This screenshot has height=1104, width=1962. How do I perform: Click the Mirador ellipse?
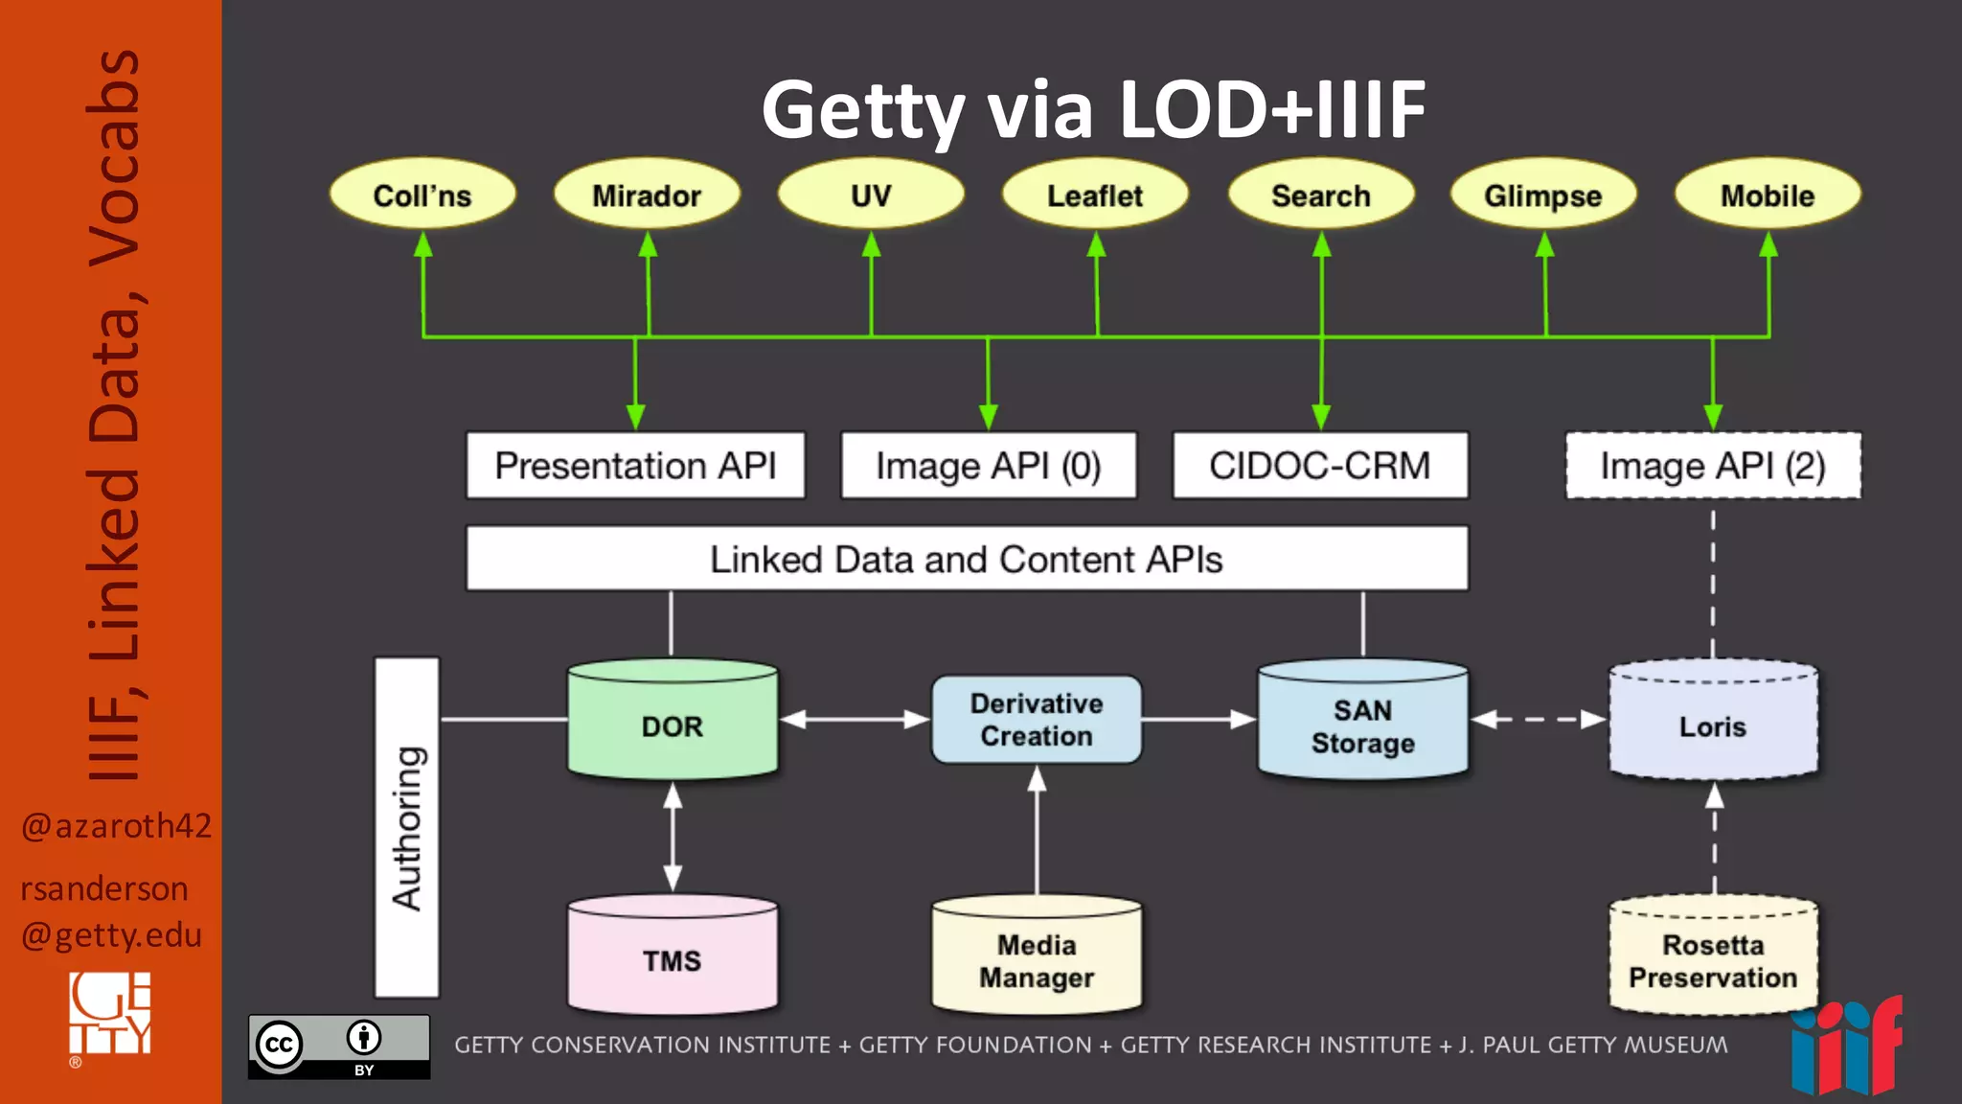[647, 195]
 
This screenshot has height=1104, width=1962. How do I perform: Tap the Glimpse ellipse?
[1542, 195]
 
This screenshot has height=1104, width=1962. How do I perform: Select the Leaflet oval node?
[1095, 195]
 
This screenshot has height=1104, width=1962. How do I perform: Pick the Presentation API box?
[635, 466]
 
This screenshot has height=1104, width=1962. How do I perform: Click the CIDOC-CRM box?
[1319, 466]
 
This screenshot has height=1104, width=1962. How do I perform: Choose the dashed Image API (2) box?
[1713, 466]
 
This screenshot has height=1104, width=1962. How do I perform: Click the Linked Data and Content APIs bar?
[966, 559]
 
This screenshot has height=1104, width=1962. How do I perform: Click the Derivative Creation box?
[1037, 720]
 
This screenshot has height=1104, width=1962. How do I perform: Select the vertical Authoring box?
[407, 827]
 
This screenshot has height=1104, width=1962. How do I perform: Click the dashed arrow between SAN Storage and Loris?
[1539, 719]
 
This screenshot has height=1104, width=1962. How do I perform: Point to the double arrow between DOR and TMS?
[673, 837]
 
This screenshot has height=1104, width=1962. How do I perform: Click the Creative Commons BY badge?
[339, 1046]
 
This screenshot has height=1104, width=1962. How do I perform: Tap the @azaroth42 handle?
[116, 825]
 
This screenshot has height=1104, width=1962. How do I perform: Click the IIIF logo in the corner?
[1846, 1046]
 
